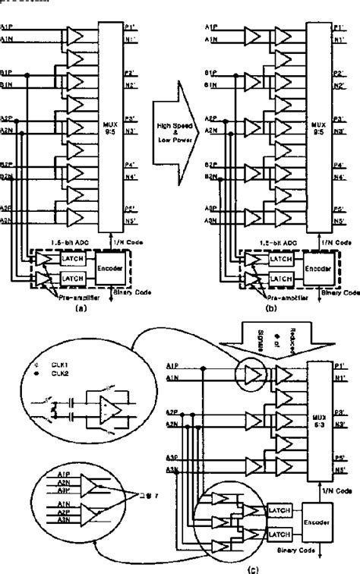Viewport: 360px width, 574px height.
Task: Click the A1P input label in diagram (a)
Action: click(x=7, y=29)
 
